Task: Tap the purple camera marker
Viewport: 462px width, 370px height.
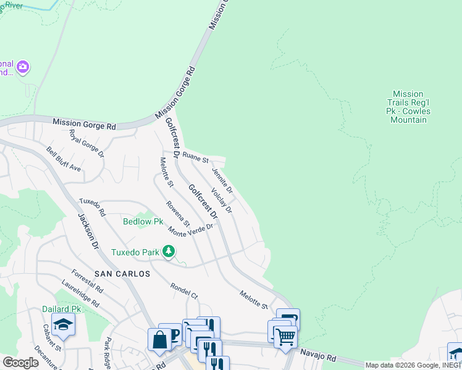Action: coord(23,67)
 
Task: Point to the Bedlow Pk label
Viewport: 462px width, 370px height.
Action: coord(143,221)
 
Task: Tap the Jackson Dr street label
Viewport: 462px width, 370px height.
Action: coord(88,231)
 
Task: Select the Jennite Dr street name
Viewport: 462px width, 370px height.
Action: coord(222,179)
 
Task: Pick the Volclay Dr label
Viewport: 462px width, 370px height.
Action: coord(221,200)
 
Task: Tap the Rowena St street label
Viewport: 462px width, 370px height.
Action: coord(178,214)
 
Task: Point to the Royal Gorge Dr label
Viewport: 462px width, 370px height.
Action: coord(86,142)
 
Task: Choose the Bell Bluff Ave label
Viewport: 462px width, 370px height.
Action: coord(64,159)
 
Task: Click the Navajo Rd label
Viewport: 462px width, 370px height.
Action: coord(318,355)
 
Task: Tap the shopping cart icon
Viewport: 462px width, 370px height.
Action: coord(285,337)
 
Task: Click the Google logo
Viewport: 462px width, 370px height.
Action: coord(20,363)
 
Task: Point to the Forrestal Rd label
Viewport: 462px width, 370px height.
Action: coord(87,280)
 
